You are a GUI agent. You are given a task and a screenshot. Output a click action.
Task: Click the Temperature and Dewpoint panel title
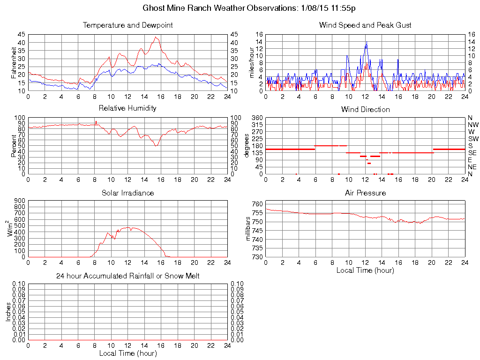(127, 25)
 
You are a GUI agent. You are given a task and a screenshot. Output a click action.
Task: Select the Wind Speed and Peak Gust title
(365, 25)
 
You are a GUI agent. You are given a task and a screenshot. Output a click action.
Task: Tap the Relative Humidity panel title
(127, 108)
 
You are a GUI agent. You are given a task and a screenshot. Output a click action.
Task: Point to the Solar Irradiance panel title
(127, 193)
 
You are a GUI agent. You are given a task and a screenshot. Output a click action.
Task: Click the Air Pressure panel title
(365, 193)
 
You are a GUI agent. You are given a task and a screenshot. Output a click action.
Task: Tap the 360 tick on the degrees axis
(257, 118)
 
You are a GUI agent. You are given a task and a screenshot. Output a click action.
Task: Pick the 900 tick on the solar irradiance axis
(19, 201)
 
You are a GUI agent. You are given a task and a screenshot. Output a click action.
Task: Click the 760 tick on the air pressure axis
(257, 204)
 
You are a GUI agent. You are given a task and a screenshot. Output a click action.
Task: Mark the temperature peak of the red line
(156, 37)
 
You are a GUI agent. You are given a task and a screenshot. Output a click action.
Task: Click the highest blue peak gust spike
(367, 42)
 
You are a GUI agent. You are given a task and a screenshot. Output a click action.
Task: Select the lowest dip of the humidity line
(156, 146)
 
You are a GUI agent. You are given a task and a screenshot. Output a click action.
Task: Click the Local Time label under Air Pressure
(365, 270)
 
